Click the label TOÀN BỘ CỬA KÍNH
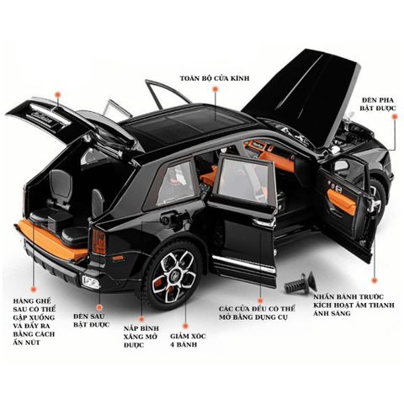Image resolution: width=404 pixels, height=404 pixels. point(215,78)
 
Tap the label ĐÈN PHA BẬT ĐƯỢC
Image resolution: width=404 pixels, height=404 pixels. point(378,104)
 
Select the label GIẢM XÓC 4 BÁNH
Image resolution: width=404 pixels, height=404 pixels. point(188,340)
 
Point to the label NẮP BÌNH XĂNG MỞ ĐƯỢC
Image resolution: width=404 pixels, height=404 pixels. point(141,337)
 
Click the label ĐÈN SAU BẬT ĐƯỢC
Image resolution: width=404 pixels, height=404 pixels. point(92,321)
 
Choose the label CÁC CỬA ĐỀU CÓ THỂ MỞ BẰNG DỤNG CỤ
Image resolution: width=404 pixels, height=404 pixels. point(257,313)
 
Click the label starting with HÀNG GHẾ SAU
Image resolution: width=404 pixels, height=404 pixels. point(34,322)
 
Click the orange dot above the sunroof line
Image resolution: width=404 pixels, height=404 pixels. point(215,89)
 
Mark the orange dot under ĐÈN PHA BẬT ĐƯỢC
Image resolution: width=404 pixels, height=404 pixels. point(395,117)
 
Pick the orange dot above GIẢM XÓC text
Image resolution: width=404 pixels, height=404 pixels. point(185,326)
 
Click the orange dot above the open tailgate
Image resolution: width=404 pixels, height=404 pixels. point(58,94)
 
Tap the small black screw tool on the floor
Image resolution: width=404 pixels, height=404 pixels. point(300,282)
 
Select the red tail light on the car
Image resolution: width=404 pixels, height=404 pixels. point(99,241)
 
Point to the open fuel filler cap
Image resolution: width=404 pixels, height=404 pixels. point(167,218)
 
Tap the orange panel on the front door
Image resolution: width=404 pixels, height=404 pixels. point(341,201)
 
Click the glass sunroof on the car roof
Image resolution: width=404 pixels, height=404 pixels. point(187,125)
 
